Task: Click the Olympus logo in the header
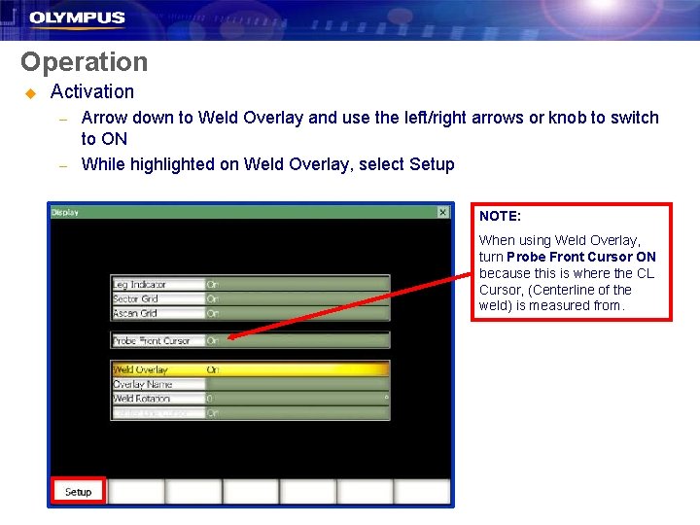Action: coord(77,17)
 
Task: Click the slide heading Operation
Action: coord(85,62)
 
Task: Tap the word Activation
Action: coord(92,91)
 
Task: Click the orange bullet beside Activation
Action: coord(29,92)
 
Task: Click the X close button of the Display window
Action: coord(442,212)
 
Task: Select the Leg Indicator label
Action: coord(140,285)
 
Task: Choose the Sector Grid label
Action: coord(136,299)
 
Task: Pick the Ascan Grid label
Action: coord(136,313)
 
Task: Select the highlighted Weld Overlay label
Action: coord(141,369)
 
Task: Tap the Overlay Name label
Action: coord(143,384)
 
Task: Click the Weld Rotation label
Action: coord(142,399)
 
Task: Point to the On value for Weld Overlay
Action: coord(213,369)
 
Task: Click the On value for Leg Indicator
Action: coord(213,285)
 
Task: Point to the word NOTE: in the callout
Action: coord(500,216)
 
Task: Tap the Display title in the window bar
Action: coord(65,212)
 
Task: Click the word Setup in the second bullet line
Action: coord(432,164)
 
